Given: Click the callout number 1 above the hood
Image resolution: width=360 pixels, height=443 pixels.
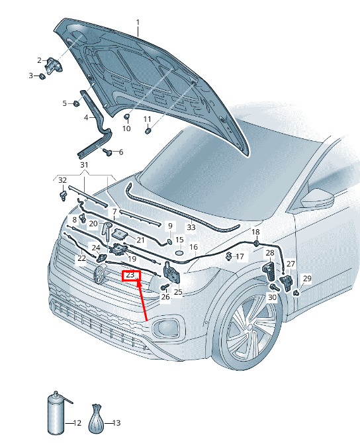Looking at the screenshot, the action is click(x=138, y=22).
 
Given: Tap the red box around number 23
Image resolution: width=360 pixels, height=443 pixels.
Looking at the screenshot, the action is click(x=131, y=275).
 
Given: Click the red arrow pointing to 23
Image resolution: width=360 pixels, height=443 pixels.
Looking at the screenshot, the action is click(x=142, y=299).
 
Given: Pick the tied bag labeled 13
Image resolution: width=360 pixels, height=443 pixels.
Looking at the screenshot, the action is click(x=96, y=418).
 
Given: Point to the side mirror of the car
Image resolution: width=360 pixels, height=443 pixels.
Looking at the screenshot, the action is click(x=318, y=199).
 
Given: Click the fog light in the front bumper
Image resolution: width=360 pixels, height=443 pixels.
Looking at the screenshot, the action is click(x=165, y=328).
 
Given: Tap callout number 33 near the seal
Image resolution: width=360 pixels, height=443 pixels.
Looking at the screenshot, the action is click(x=191, y=227).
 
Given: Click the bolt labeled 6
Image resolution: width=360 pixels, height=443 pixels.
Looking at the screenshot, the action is click(x=108, y=152).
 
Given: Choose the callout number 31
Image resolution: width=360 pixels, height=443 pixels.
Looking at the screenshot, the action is click(x=84, y=165).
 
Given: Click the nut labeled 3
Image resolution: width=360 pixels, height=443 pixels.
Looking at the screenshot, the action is click(x=42, y=76).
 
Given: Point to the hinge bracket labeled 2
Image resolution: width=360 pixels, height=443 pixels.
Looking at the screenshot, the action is click(x=53, y=66).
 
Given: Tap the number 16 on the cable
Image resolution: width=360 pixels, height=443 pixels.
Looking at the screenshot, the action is click(x=193, y=247).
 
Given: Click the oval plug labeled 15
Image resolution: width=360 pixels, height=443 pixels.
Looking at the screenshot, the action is click(x=179, y=252).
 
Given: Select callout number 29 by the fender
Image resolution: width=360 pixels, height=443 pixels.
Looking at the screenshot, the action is click(x=307, y=279).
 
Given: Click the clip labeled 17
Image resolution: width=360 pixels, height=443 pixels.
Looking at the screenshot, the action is click(x=229, y=256).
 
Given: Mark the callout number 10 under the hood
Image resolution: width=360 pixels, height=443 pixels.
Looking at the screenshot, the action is click(x=126, y=128).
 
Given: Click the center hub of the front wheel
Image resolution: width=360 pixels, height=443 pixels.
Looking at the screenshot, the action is click(x=250, y=327).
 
